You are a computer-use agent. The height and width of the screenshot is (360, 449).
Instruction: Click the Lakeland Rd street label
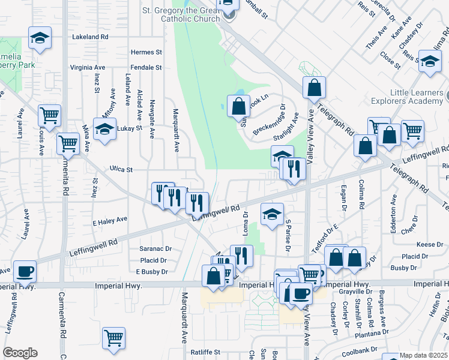tap(90, 37)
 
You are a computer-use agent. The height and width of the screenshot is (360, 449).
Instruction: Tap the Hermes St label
tap(147, 52)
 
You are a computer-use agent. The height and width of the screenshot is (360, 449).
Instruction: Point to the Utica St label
tap(121, 170)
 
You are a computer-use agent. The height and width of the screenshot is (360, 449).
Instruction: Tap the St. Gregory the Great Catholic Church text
tap(181, 14)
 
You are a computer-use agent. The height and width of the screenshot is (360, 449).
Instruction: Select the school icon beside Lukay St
tap(104, 130)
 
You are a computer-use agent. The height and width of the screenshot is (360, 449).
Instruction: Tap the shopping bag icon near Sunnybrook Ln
tap(238, 107)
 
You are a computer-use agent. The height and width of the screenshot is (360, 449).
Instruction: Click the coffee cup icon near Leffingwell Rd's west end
tap(25, 272)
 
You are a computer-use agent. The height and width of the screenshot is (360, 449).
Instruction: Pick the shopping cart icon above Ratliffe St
tap(113, 338)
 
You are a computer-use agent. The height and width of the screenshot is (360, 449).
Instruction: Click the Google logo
tap(20, 353)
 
